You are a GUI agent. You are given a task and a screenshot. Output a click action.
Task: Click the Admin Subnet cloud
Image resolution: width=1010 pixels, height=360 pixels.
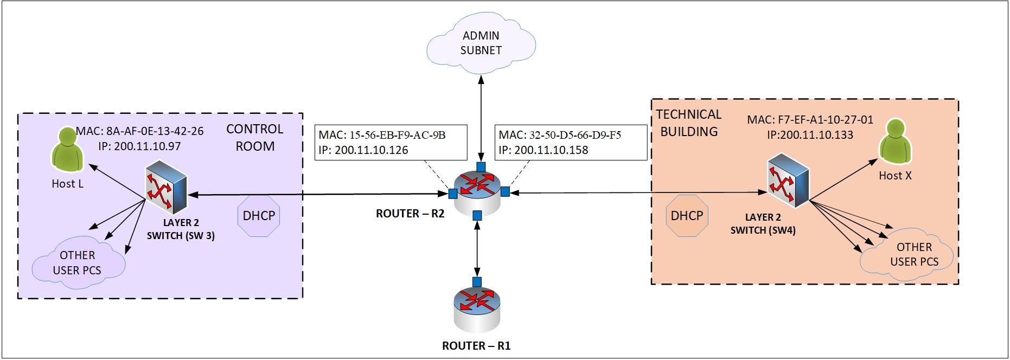(481, 43)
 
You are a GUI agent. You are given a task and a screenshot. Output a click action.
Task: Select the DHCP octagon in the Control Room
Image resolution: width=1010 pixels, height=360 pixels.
(259, 216)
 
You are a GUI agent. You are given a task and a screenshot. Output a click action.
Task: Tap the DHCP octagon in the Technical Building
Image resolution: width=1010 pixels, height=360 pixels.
(687, 216)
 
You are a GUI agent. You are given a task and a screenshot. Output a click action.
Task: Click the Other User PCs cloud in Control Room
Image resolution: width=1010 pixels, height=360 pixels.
(77, 262)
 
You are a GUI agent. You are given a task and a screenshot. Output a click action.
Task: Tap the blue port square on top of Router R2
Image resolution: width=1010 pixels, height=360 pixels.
(480, 166)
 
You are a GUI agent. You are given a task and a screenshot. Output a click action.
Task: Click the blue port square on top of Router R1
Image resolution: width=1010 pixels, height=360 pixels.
(477, 281)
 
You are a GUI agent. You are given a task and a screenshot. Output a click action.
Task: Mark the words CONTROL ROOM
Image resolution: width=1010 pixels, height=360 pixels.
(254, 137)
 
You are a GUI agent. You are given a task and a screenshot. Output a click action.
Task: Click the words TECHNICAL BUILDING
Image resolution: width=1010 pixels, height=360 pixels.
(689, 123)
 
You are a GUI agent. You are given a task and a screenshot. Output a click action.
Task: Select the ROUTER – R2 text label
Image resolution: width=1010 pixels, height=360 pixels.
(410, 214)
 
